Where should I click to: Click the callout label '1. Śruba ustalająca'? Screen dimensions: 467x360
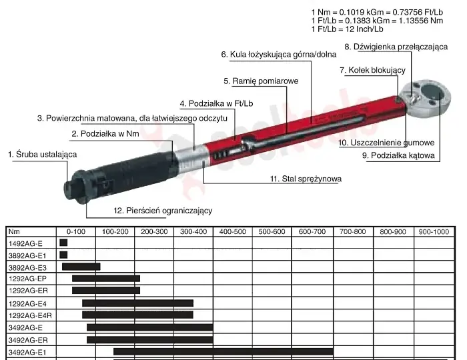coord(42,155)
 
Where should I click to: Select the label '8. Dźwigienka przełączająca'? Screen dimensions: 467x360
coord(396,47)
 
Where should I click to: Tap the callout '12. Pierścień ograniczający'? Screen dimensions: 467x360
coord(163,211)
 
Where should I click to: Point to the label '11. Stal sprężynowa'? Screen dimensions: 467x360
coord(306,179)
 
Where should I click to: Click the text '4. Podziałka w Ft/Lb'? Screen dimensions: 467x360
coord(217,103)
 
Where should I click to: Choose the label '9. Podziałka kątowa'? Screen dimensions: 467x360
coord(398,155)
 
